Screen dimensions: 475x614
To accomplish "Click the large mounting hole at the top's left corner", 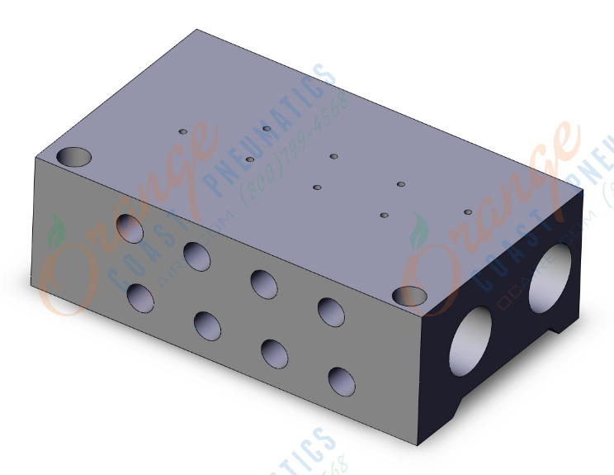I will pyautogui.click(x=73, y=156).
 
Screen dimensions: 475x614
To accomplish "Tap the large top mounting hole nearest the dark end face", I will pyautogui.click(x=409, y=296).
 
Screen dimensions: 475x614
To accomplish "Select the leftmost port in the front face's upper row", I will pyautogui.click(x=130, y=227).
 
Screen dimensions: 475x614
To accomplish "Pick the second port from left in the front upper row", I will pyautogui.click(x=196, y=255).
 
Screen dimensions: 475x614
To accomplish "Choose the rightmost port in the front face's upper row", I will pyautogui.click(x=330, y=311).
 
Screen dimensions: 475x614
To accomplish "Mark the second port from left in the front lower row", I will pyautogui.click(x=207, y=325).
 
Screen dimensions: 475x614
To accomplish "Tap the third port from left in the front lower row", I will pyautogui.click(x=274, y=354).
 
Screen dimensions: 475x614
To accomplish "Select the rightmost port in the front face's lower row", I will pyautogui.click(x=341, y=382).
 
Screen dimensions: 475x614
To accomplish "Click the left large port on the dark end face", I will pyautogui.click(x=470, y=340).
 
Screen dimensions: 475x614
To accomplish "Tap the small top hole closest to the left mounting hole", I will pyautogui.click(x=184, y=131).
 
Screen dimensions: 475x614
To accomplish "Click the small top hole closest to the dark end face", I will pyautogui.click(x=468, y=212).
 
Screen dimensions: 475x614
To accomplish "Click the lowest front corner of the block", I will pyautogui.click(x=423, y=454).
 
